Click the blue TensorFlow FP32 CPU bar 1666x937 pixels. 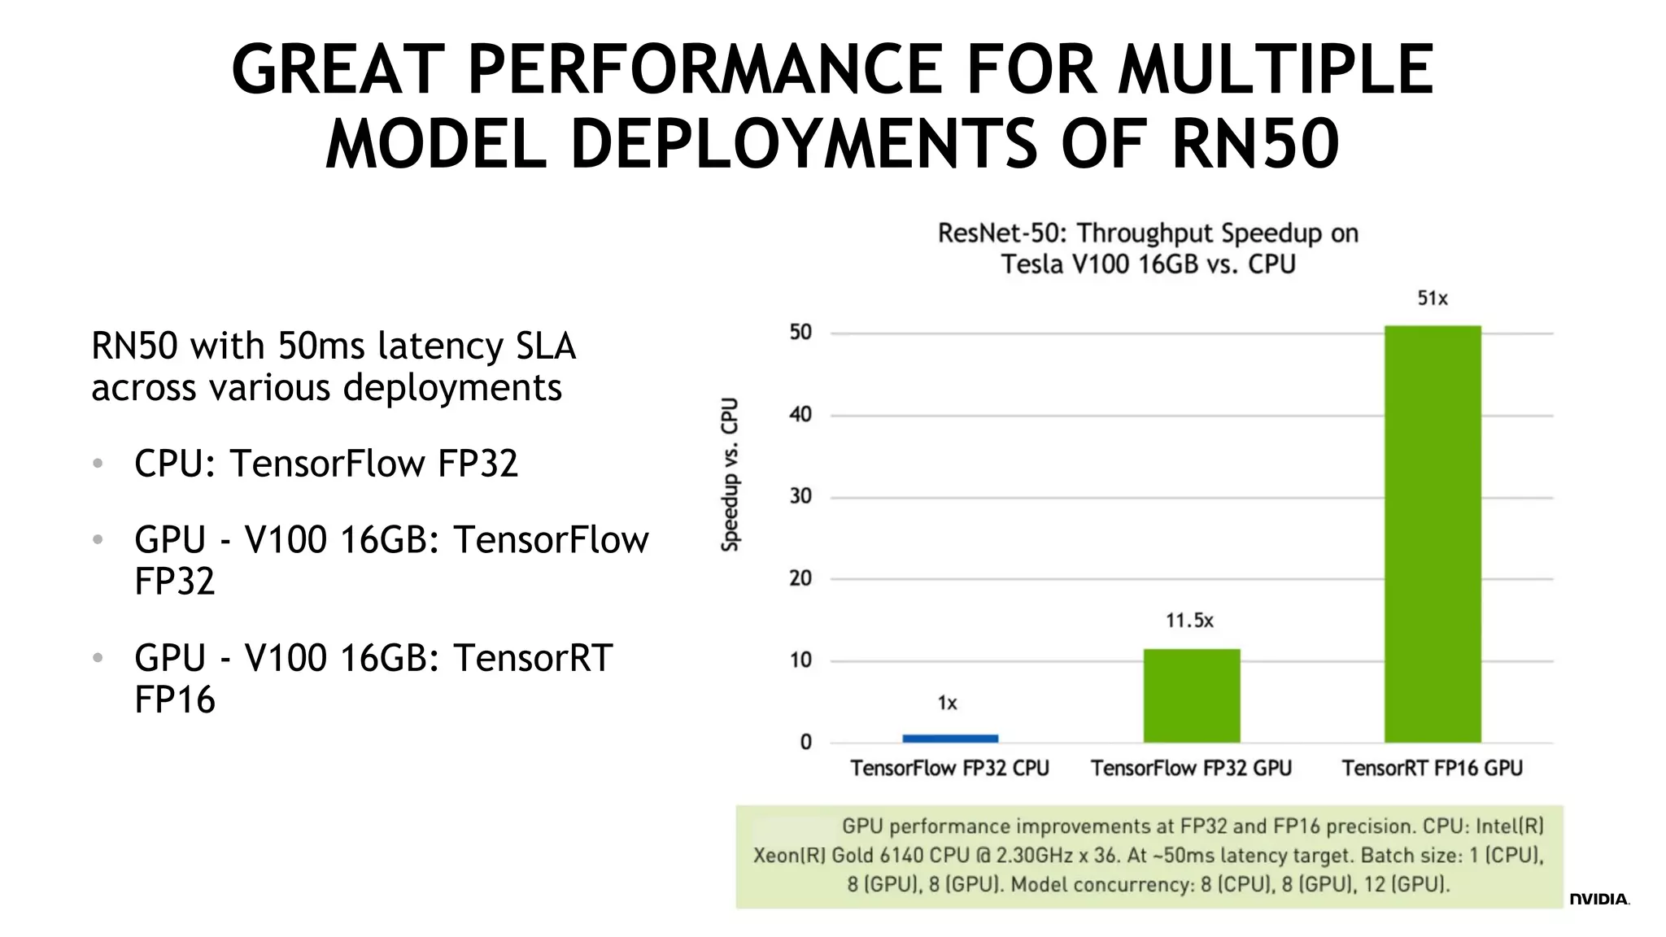tap(949, 738)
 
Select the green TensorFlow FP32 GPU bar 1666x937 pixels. tap(1191, 695)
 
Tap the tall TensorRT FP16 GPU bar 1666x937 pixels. tap(1432, 534)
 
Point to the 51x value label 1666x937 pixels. tap(1432, 299)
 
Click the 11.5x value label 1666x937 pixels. tap(1189, 621)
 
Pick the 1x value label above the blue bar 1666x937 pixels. tap(947, 703)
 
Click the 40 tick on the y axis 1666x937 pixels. tap(800, 415)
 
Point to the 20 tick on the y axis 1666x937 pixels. tap(800, 578)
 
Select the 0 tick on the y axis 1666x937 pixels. tap(805, 742)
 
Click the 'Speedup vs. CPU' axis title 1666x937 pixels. tap(731, 474)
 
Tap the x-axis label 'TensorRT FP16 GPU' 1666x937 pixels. tap(1432, 768)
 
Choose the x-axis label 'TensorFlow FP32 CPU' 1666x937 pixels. tap(949, 768)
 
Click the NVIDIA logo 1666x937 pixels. tap(1598, 899)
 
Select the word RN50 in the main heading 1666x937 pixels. tap(1254, 143)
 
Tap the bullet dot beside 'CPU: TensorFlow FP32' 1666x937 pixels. tap(98, 464)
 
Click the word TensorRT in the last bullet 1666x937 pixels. tap(532, 657)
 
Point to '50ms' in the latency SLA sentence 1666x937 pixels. tap(321, 346)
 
